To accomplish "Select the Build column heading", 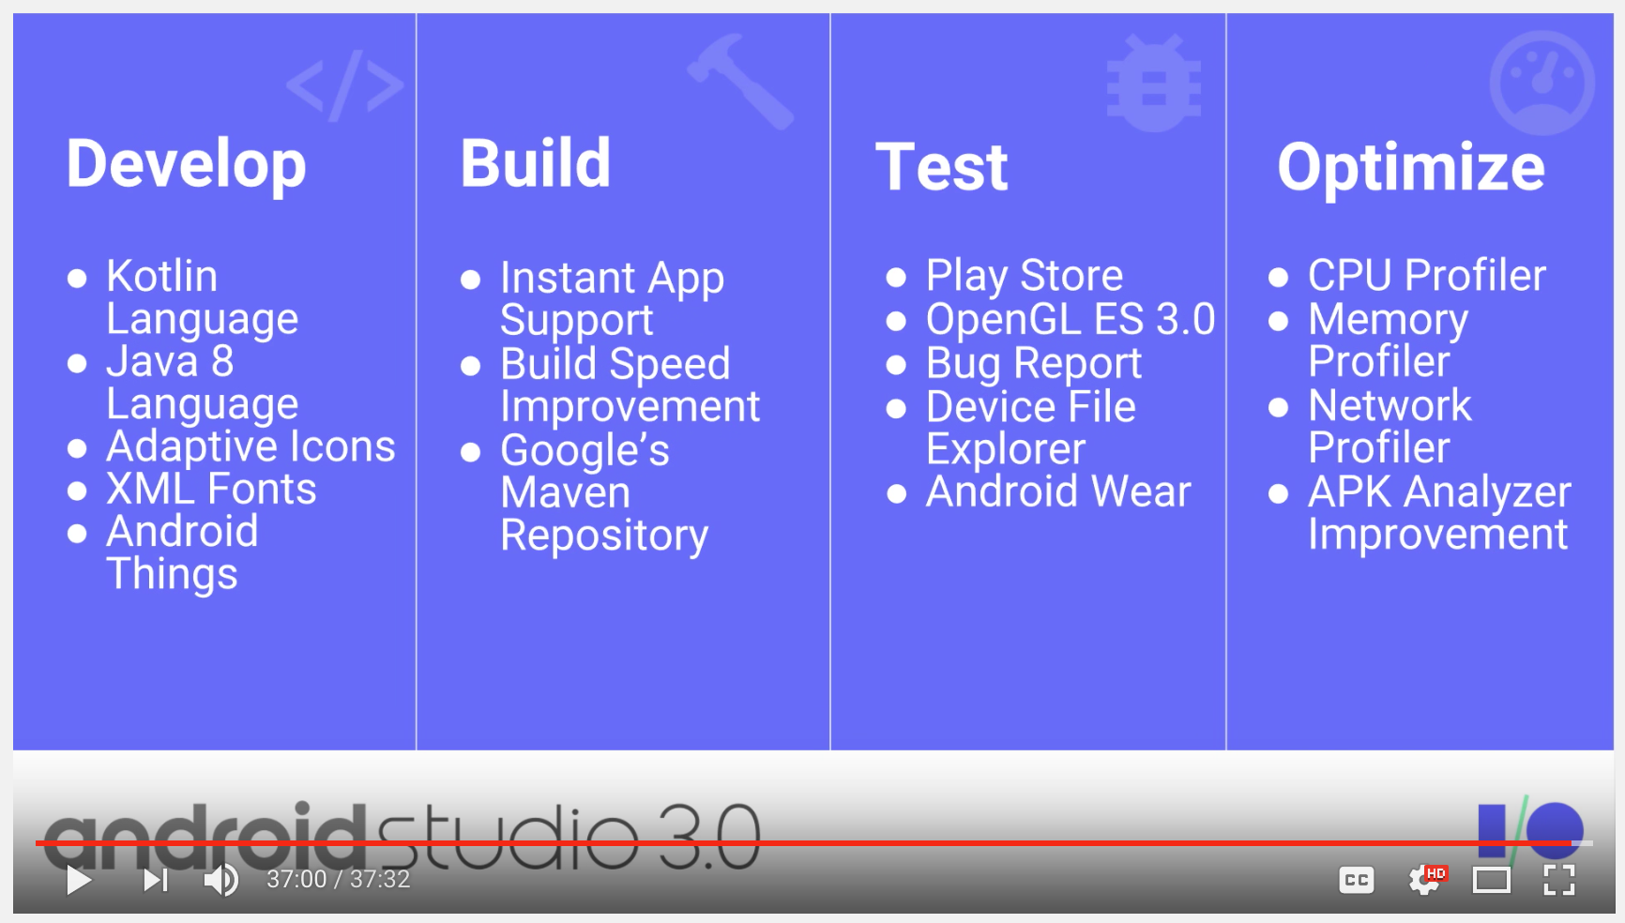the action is coord(535,163).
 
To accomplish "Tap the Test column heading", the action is coord(941,167).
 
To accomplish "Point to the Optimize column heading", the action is coord(1411,168).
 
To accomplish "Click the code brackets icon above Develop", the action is coord(345,85).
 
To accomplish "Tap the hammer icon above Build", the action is coord(740,81).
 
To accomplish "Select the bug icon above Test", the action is coord(1154,82).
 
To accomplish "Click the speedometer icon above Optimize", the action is coord(1541,83).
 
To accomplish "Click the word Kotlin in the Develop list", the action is coord(161,276).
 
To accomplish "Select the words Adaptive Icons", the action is coord(251,446).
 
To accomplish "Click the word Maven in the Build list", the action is coord(565,492).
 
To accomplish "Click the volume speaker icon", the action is coord(221,880).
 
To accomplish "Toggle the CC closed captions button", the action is coord(1356,880).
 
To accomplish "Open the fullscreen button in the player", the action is coord(1558,880).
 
